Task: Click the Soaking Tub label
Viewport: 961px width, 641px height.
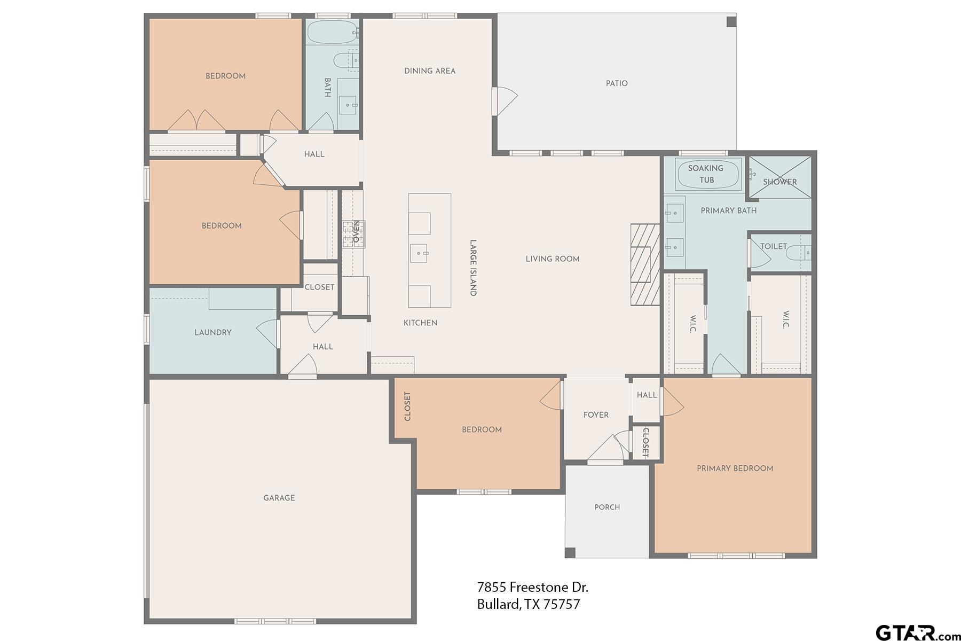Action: click(x=706, y=174)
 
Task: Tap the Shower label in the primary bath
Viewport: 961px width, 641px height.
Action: click(x=779, y=182)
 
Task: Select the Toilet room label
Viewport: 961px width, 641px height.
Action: click(x=774, y=246)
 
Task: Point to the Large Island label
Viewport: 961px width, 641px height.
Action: click(x=472, y=268)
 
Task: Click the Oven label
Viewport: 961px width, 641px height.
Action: click(x=356, y=231)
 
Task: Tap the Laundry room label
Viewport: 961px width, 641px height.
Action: click(x=212, y=332)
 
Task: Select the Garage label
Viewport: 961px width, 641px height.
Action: click(x=279, y=498)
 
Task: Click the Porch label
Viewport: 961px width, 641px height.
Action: click(x=607, y=507)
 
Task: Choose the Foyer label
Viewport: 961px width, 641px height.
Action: click(x=596, y=415)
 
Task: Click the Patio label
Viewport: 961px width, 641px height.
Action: click(x=617, y=83)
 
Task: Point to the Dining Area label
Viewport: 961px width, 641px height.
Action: click(x=430, y=71)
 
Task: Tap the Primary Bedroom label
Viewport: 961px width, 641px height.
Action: click(x=735, y=468)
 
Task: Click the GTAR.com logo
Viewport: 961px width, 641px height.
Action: click(x=916, y=632)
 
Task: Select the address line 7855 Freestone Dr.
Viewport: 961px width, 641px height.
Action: click(x=532, y=587)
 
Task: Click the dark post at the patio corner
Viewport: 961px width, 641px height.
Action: click(x=731, y=22)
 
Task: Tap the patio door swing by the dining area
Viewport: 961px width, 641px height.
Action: click(x=506, y=100)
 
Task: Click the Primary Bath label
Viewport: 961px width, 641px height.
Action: click(x=728, y=210)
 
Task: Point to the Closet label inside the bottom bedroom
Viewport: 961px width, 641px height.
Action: click(x=407, y=407)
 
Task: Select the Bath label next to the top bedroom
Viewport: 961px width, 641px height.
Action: click(x=327, y=87)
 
